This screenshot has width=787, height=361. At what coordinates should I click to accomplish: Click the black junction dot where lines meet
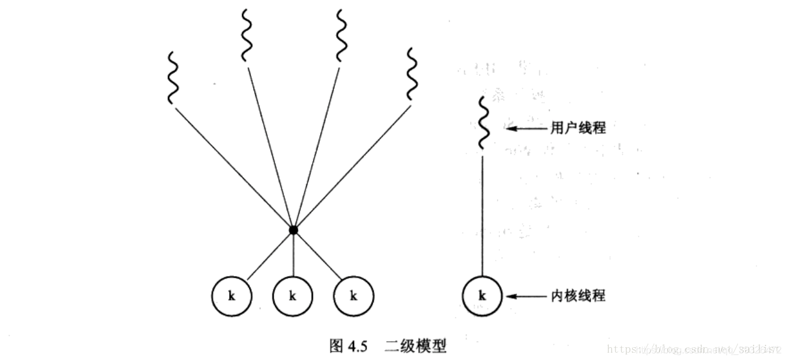pos(292,230)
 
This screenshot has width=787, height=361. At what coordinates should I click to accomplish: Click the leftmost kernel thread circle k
pos(231,296)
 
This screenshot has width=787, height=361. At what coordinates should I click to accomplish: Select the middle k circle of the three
pos(292,296)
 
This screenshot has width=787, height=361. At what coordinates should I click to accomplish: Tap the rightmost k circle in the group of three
pos(353,296)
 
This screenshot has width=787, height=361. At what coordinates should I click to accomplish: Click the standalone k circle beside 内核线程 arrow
pos(483,296)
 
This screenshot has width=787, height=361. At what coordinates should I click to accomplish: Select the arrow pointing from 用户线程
pos(526,128)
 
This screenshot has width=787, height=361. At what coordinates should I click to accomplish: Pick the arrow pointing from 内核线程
pos(526,296)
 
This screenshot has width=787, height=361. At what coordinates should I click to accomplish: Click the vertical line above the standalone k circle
pos(483,215)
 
